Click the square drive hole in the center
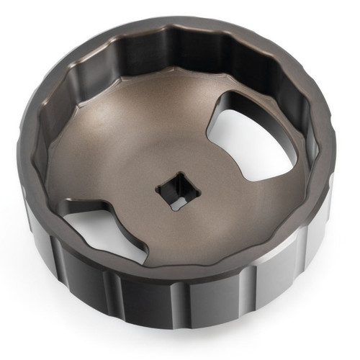pos(175,192)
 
